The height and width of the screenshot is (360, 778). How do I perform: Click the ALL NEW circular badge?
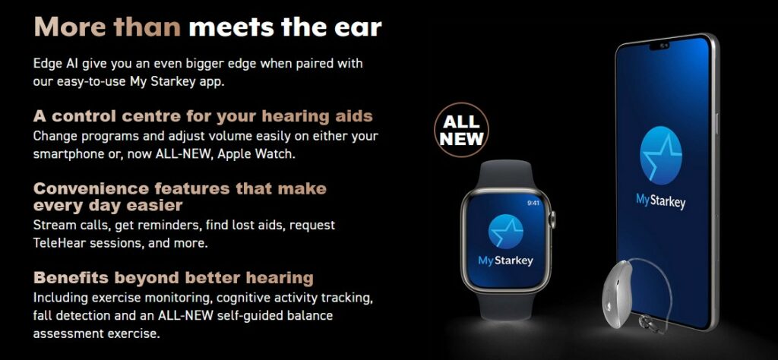pos(461,130)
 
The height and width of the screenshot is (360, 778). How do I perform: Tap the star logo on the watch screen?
pos(505,232)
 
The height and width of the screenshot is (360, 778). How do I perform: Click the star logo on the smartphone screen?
pos(660,156)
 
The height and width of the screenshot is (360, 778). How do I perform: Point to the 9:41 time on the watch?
pos(533,202)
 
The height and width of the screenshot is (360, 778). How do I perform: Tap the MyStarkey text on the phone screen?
pos(660,201)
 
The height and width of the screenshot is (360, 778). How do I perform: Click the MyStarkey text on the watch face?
pos(505,261)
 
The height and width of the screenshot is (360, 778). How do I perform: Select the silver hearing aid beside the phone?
pos(618,294)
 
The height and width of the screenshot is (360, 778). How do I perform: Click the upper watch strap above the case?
pos(505,174)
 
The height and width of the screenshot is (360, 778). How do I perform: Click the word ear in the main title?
pos(359,27)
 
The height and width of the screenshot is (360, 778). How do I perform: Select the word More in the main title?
pos(70,27)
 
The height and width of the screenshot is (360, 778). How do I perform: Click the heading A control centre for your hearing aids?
pos(203,116)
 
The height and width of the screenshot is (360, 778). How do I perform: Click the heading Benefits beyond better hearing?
pos(173,278)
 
